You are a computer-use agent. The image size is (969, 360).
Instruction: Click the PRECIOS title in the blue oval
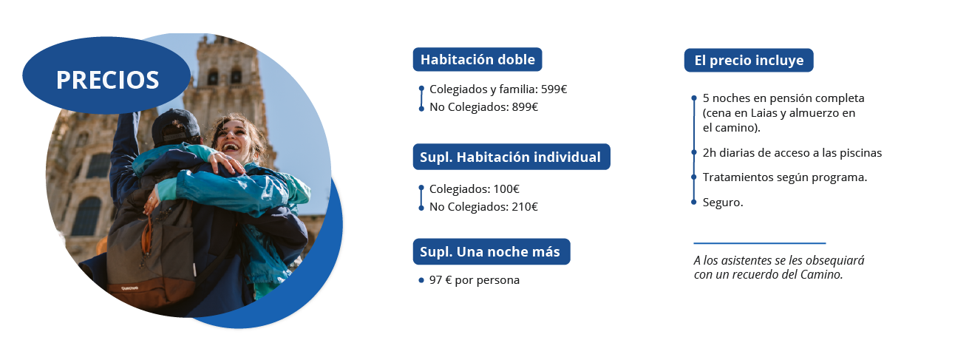pos(107,80)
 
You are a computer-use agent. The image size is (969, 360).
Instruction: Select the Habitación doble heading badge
pos(477,59)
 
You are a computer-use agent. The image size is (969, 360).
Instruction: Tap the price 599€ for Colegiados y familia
pos(554,89)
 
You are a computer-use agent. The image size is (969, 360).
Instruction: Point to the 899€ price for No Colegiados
pos(525,107)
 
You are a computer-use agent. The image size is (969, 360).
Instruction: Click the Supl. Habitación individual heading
pos(511,157)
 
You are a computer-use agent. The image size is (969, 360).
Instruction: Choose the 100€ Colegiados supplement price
pos(506,189)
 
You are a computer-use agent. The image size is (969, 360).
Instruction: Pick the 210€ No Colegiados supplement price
pos(525,207)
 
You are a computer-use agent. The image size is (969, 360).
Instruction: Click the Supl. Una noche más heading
pos(492,251)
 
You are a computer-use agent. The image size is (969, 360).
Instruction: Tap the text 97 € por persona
pos(474,280)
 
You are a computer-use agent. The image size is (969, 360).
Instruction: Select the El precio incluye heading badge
pos(749,60)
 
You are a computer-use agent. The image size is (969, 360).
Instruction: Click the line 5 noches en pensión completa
pos(783,98)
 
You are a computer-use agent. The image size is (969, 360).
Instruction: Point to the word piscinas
pos(860,153)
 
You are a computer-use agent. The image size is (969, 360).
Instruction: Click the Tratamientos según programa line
pos(785,177)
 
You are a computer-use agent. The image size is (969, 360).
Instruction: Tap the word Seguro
pos(722,203)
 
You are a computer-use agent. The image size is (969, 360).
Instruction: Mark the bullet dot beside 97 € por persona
pos(421,280)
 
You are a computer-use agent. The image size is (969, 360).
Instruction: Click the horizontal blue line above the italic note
pos(760,243)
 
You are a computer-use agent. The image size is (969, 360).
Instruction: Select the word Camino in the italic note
pos(821,274)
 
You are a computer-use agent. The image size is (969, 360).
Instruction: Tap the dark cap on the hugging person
pos(174,126)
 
